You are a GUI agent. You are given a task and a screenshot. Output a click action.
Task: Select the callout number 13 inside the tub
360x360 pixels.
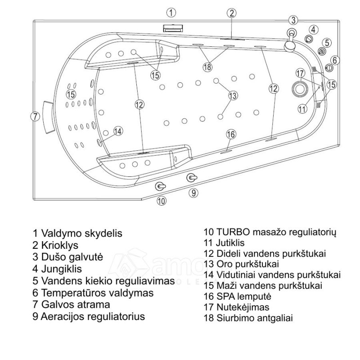(233, 95)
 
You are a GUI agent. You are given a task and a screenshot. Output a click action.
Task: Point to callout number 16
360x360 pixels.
(230, 134)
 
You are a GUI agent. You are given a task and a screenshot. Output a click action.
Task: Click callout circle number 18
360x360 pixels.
(207, 67)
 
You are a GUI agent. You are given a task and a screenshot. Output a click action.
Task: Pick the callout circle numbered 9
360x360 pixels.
(193, 193)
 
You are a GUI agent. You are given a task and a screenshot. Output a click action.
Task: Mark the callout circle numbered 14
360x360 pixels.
(118, 131)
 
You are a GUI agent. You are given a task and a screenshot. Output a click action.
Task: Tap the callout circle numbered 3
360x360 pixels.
(293, 20)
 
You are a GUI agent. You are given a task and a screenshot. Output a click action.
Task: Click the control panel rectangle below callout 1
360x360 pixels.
(171, 27)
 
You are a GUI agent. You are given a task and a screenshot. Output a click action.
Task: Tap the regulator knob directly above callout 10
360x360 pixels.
(161, 186)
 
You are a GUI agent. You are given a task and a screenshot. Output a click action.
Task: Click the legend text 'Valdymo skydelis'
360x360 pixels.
(81, 234)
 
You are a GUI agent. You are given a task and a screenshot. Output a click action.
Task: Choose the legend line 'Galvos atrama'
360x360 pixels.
(75, 305)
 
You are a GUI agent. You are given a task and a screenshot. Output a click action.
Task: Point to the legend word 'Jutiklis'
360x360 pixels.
(230, 243)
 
